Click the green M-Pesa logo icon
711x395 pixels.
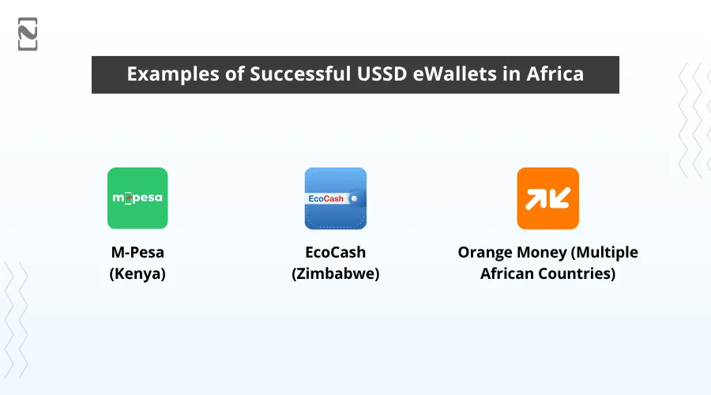click(x=137, y=198)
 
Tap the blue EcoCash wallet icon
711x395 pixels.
click(x=336, y=198)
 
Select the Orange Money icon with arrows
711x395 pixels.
click(x=547, y=198)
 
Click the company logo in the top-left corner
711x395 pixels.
click(x=28, y=34)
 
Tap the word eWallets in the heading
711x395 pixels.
click(x=458, y=74)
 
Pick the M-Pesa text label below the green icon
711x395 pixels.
click(x=137, y=253)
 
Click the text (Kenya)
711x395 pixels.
click(x=137, y=274)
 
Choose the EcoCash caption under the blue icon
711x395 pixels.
click(x=336, y=253)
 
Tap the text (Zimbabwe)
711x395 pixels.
click(x=336, y=274)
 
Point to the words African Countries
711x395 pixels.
click(x=547, y=274)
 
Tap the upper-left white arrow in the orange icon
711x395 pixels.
click(x=536, y=199)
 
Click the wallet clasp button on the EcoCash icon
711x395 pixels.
click(x=355, y=197)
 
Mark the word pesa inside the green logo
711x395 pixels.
click(x=145, y=198)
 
